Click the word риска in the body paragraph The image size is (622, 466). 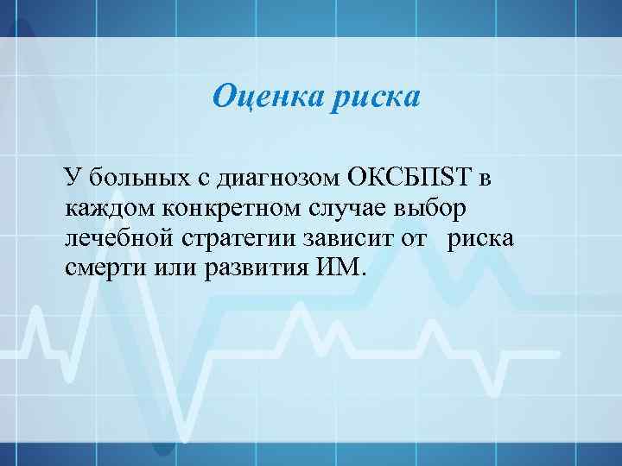point(479,238)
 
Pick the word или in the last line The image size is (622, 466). point(176,268)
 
